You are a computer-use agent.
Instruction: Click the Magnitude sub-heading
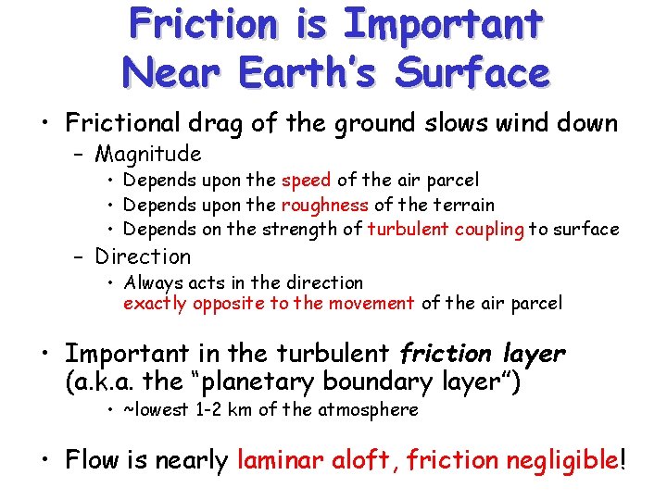point(148,154)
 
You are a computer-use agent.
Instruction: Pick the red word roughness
point(325,205)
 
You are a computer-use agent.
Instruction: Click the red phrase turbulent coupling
point(446,229)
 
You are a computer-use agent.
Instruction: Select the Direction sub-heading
point(143,256)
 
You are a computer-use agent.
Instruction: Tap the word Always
point(150,282)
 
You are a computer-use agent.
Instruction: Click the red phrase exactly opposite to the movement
point(269,303)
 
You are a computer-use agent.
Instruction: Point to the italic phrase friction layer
point(482,354)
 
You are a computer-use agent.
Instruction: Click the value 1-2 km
point(222,409)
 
